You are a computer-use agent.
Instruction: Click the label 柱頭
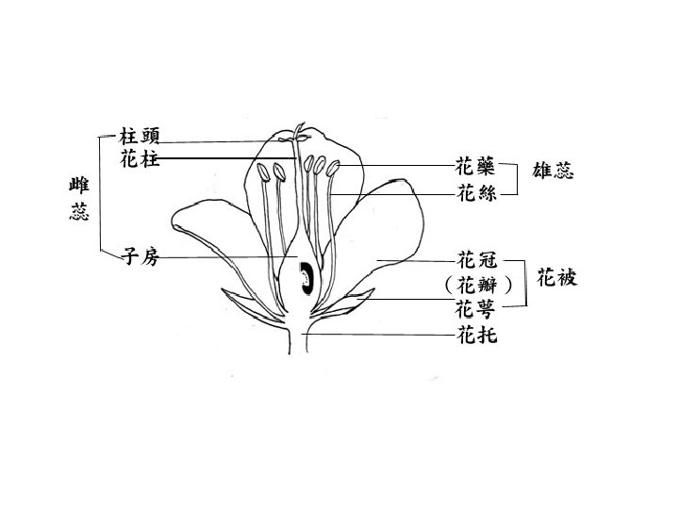pos(140,137)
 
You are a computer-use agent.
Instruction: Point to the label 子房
pos(140,257)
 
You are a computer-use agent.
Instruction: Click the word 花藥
pos(474,168)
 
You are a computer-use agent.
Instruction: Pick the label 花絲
pos(474,194)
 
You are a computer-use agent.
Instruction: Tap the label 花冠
pos(474,258)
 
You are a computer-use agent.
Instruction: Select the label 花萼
pos(474,307)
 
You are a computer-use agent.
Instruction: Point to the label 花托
pos(474,334)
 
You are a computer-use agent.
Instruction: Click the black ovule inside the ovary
pos(306,279)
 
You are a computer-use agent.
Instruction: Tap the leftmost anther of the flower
pos(278,173)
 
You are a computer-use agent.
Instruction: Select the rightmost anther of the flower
pos(334,172)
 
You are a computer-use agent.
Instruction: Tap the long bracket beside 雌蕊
pos(101,194)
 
